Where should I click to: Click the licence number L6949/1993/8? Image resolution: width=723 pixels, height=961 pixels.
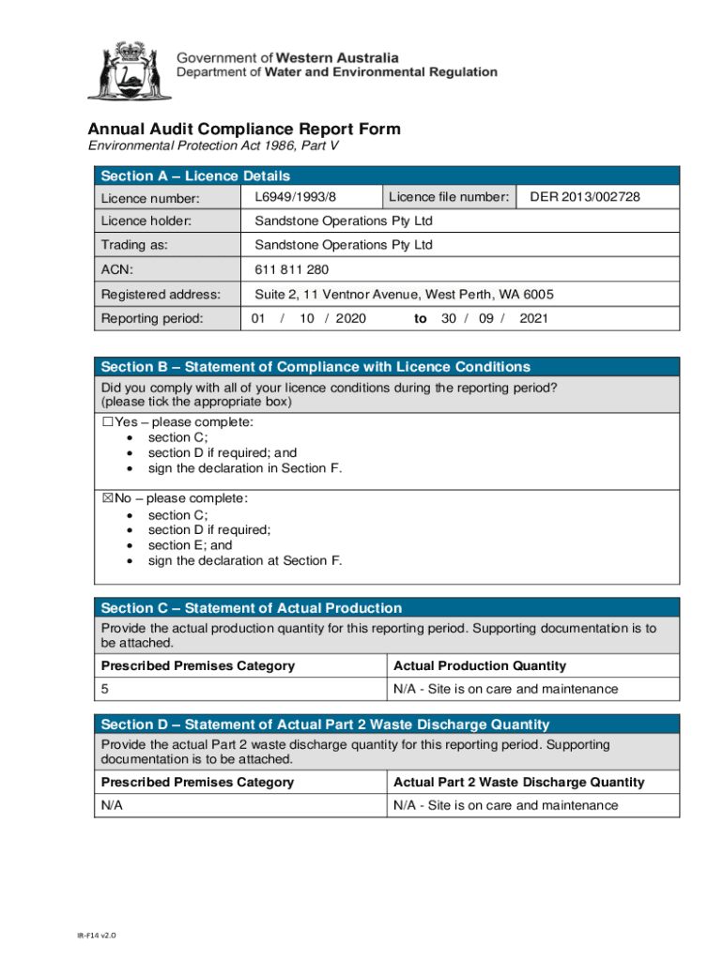click(295, 197)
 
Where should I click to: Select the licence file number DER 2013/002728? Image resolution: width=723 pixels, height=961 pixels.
click(585, 197)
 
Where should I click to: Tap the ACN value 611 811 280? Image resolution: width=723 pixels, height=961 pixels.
click(292, 270)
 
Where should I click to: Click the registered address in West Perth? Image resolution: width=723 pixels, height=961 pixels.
click(404, 295)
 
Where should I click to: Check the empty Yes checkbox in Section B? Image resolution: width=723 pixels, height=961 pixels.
click(107, 422)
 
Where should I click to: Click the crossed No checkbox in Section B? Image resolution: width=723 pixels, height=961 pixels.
click(107, 499)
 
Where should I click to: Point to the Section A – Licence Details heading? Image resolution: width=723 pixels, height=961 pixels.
click(195, 176)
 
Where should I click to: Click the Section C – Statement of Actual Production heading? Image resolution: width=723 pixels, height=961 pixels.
click(251, 608)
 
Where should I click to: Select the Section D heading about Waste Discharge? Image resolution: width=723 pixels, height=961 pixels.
click(325, 725)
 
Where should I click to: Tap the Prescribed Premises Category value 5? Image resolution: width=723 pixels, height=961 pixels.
click(105, 689)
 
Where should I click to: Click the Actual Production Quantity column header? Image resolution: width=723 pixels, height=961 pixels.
click(479, 666)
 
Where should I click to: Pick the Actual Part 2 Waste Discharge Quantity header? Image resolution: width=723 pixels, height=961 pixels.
click(518, 783)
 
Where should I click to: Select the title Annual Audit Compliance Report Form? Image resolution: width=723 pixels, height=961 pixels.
click(244, 130)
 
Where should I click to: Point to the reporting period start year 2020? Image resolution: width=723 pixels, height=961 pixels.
click(350, 319)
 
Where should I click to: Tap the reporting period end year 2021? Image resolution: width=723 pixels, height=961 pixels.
click(533, 319)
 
